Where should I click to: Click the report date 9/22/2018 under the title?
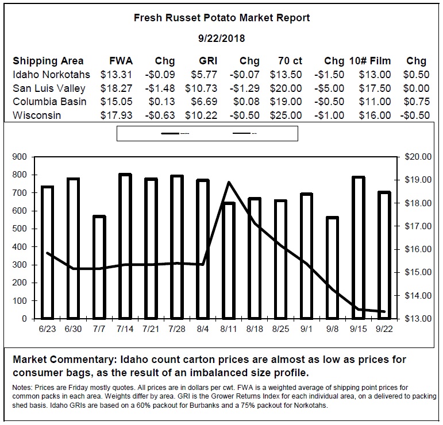point(221,38)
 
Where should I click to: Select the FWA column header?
point(121,61)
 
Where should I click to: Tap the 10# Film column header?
point(370,61)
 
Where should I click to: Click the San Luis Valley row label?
point(49,88)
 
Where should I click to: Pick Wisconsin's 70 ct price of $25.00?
point(286,115)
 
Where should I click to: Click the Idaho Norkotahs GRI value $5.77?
point(204,75)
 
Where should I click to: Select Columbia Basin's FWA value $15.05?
point(116,102)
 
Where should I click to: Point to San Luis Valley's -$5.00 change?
point(329,88)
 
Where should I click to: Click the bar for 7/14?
point(125,246)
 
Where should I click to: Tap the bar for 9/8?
point(332,268)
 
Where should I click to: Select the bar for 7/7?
point(99,267)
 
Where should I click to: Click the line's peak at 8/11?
point(229,183)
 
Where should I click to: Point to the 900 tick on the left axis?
point(20,157)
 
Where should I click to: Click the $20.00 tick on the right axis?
point(418,157)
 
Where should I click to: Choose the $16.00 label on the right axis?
point(418,249)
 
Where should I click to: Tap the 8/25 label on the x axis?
point(280,329)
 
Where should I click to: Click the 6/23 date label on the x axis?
point(47,329)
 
